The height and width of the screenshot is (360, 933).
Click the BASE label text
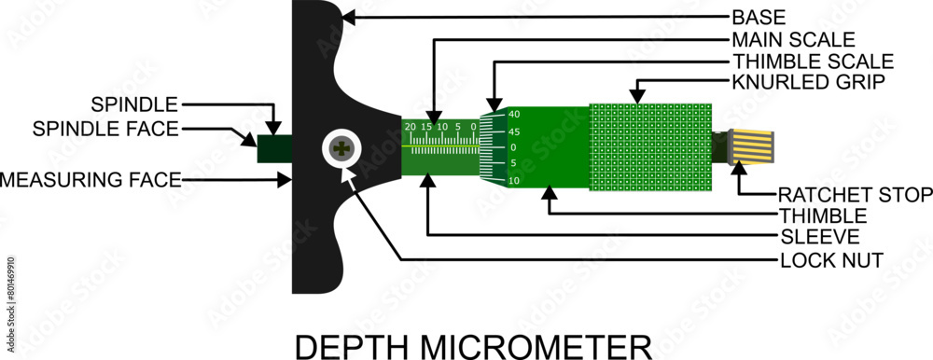tap(759, 18)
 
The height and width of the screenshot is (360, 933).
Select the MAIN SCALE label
tap(793, 40)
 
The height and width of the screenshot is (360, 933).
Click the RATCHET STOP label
tap(855, 195)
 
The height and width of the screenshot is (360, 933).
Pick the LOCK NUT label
tap(819, 258)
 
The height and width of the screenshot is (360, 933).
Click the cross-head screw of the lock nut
tap(344, 149)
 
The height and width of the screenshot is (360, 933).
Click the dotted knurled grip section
tap(650, 147)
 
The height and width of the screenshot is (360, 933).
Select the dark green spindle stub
tap(274, 148)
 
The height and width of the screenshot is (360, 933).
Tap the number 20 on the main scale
tap(410, 126)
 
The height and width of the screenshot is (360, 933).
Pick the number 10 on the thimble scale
tap(513, 180)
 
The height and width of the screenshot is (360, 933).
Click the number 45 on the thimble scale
tap(513, 132)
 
